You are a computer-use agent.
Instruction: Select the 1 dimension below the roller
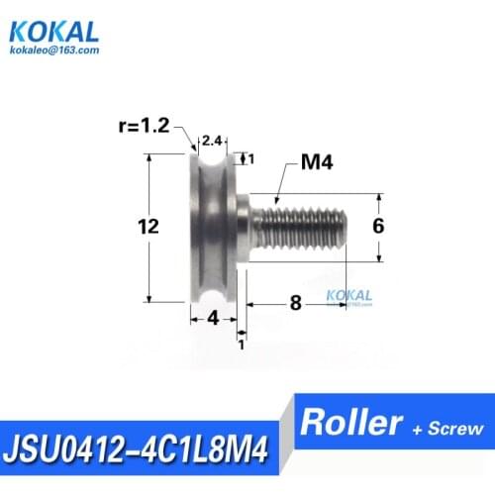(x=241, y=344)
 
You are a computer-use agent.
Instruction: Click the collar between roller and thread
(x=242, y=226)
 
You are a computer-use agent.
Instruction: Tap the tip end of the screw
(x=341, y=226)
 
